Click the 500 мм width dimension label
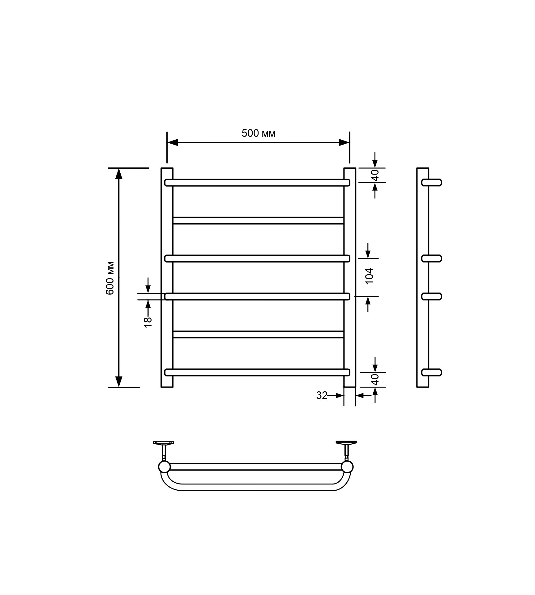pos(258,133)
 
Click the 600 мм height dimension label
pos(110,278)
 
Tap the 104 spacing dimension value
pos(370,276)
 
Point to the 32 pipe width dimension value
pos(322,395)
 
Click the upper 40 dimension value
pos(375,175)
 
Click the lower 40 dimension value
pos(375,380)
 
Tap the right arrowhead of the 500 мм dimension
pos(344,142)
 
